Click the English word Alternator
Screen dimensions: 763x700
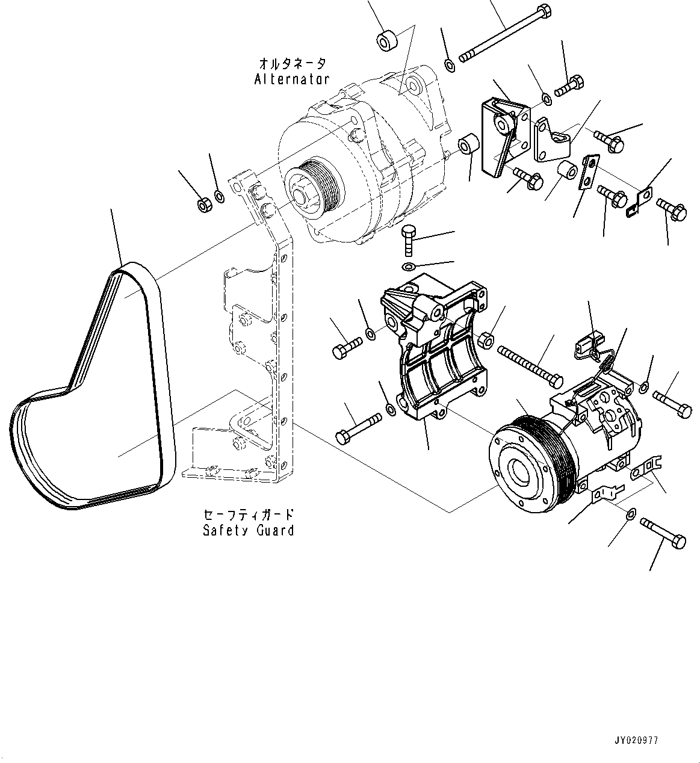[x=291, y=79]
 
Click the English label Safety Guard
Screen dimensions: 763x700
[x=249, y=531]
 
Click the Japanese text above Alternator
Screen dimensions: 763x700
[x=293, y=63]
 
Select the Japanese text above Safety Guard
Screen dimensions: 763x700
[x=249, y=515]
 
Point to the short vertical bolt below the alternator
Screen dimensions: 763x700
[x=409, y=241]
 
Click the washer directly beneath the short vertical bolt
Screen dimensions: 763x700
[x=408, y=267]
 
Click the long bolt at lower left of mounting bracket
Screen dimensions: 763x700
[x=359, y=427]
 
